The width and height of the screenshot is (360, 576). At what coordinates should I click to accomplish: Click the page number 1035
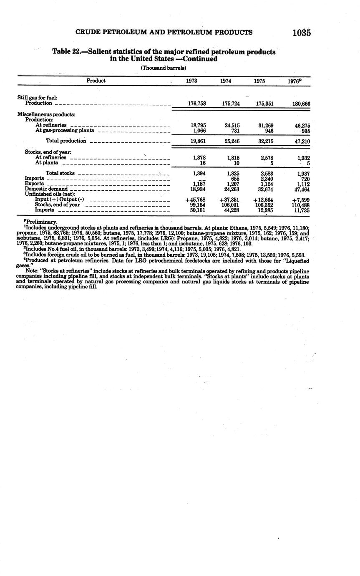point(302,33)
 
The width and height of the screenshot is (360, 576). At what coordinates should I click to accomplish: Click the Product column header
point(96,81)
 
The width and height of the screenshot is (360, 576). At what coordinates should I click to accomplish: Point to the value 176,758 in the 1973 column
point(197,104)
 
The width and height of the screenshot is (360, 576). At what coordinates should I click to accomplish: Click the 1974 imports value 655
point(235,179)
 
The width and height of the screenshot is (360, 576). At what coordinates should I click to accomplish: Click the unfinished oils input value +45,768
point(195,200)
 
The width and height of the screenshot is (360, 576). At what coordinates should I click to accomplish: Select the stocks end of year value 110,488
point(300,205)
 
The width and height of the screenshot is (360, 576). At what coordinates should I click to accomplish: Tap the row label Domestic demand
point(46,189)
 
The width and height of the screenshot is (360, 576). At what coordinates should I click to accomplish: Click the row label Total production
point(66,141)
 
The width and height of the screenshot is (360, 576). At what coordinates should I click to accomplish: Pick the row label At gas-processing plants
point(65,130)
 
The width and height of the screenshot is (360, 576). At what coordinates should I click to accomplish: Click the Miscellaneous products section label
point(46,114)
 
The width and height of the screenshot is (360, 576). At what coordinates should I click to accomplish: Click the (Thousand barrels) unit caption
point(163,68)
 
